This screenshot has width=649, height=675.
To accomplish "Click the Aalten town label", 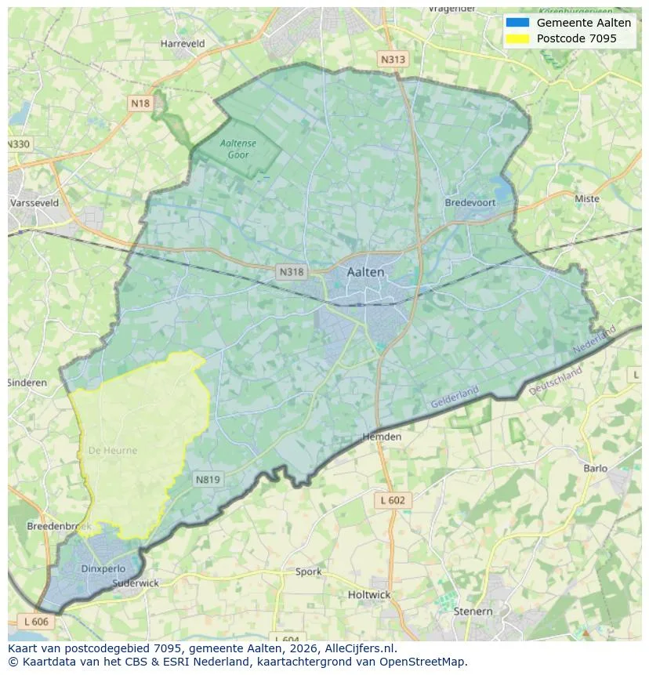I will pyautogui.click(x=365, y=272).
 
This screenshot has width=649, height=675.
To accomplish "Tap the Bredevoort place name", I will pyautogui.click(x=470, y=202).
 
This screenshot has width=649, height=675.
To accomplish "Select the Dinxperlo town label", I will pyautogui.click(x=103, y=568).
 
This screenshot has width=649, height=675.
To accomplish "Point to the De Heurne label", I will pyautogui.click(x=113, y=451).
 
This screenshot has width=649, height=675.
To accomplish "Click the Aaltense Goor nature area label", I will pyautogui.click(x=238, y=149).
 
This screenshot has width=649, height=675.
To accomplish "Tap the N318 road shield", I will pyautogui.click(x=291, y=272).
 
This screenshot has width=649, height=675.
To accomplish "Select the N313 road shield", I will pyautogui.click(x=393, y=59).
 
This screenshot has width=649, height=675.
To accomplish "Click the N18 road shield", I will pyautogui.click(x=140, y=103).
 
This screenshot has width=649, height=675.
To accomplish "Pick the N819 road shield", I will pyautogui.click(x=208, y=480).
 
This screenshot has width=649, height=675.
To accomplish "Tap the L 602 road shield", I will pyautogui.click(x=393, y=500).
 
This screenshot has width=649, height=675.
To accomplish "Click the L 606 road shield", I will pyautogui.click(x=35, y=621).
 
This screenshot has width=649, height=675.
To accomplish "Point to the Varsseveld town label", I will pyautogui.click(x=34, y=202).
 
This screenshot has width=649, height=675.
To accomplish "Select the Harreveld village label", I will pyautogui.click(x=183, y=44).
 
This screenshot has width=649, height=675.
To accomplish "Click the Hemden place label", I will pyautogui.click(x=382, y=437).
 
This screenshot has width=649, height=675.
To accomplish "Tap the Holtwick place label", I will pyautogui.click(x=368, y=595).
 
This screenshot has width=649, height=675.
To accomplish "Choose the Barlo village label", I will pyautogui.click(x=595, y=469).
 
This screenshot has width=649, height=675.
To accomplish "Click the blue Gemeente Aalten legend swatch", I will pyautogui.click(x=518, y=23).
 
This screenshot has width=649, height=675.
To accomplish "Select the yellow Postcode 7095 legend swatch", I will pyautogui.click(x=518, y=38).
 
